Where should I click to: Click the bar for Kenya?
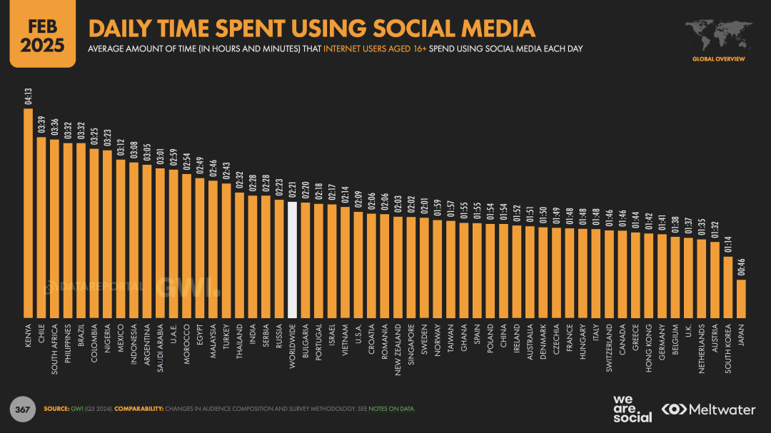click(x=29, y=214)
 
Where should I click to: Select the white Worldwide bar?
click(x=292, y=260)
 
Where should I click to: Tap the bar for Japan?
click(x=741, y=299)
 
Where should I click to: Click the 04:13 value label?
click(x=29, y=96)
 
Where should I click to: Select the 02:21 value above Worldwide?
click(x=292, y=190)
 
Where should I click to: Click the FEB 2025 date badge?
click(x=42, y=36)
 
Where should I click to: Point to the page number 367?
click(x=22, y=409)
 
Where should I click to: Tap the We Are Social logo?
click(x=633, y=408)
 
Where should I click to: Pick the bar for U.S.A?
click(x=358, y=265)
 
